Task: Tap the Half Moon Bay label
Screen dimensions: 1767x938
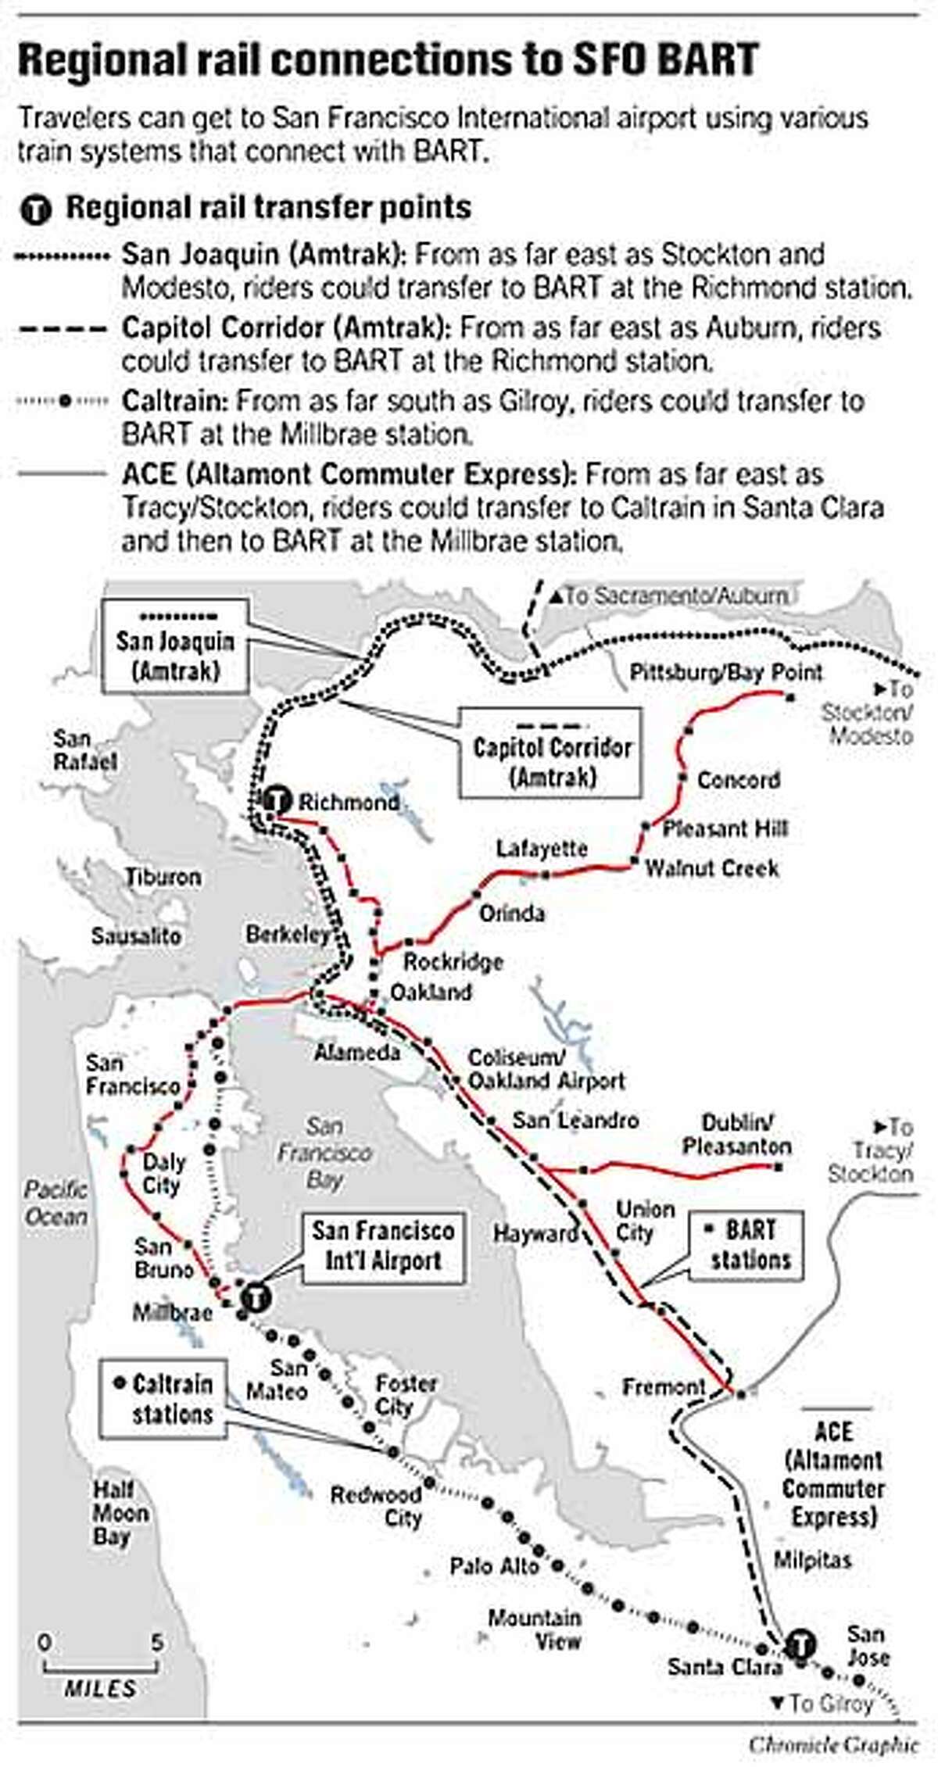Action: coord(120,1514)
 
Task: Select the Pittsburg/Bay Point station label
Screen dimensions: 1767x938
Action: coord(726,672)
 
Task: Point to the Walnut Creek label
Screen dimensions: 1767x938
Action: coord(711,868)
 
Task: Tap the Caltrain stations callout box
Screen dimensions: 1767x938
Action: coord(163,1400)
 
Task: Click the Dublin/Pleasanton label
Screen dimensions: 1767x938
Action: coord(736,1136)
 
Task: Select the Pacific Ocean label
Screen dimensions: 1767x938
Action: coord(55,1204)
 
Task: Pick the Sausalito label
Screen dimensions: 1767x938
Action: coord(136,935)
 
